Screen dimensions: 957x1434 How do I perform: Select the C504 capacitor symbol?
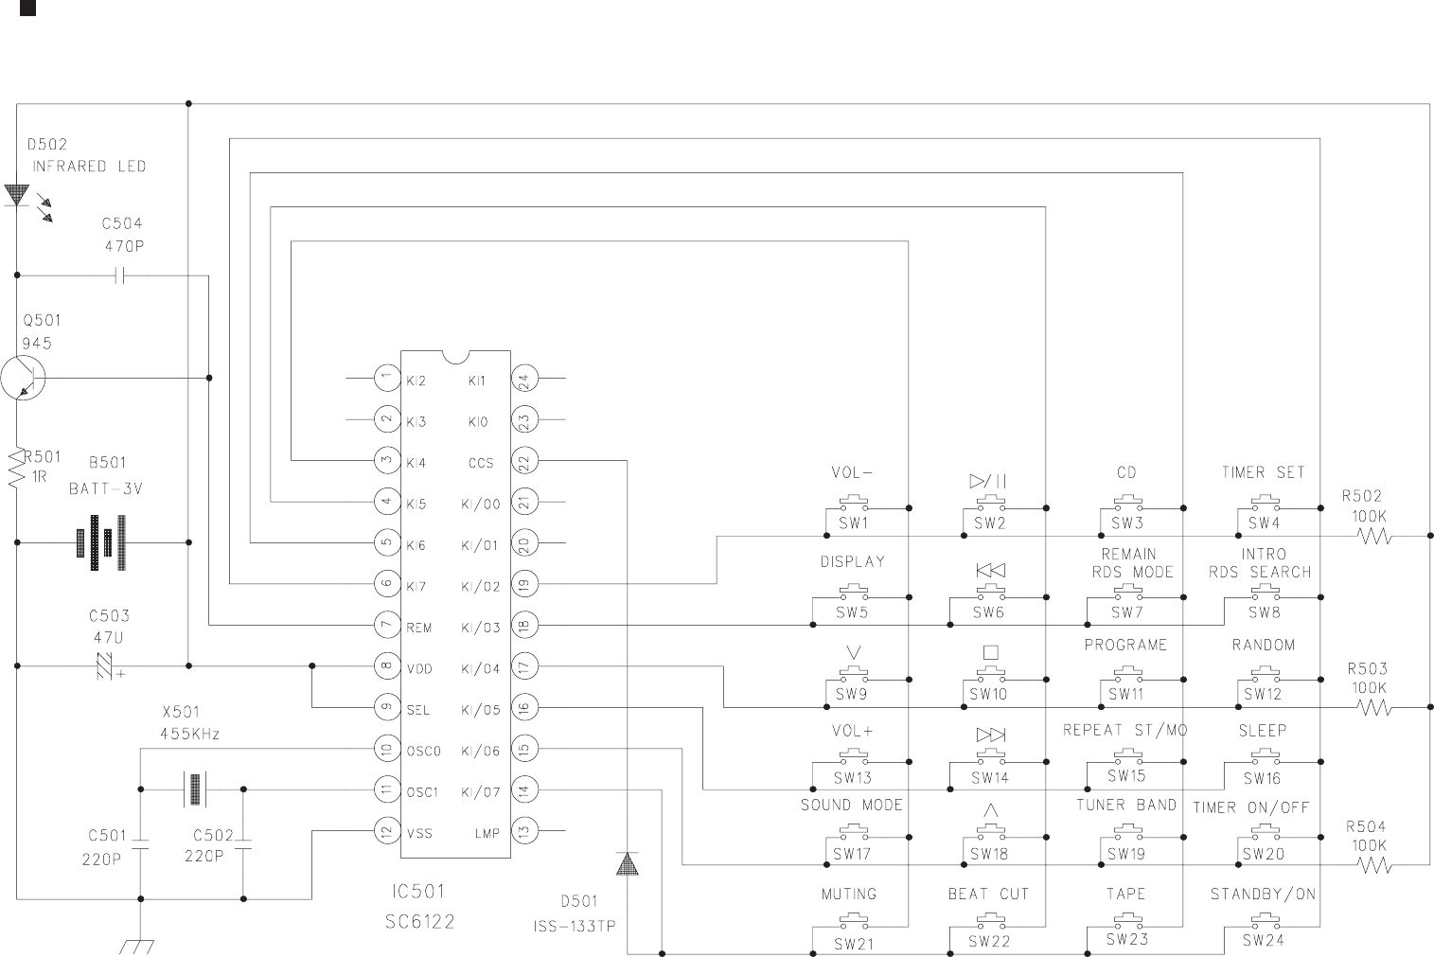tap(120, 275)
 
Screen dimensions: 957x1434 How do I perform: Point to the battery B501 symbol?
tap(103, 542)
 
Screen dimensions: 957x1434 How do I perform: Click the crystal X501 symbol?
tap(193, 789)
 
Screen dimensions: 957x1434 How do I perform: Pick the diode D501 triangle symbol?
tap(627, 863)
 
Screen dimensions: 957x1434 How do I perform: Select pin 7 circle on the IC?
tap(386, 626)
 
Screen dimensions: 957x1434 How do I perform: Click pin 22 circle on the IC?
tap(524, 461)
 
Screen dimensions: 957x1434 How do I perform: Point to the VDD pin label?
tap(419, 668)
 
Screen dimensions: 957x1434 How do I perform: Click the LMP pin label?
tap(487, 833)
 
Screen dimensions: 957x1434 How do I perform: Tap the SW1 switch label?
tap(852, 523)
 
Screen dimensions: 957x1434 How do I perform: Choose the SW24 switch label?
tap(1264, 941)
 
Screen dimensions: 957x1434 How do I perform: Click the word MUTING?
tap(848, 894)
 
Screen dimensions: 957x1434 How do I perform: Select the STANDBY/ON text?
tap(1263, 894)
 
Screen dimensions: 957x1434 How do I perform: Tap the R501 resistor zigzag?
tap(17, 470)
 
